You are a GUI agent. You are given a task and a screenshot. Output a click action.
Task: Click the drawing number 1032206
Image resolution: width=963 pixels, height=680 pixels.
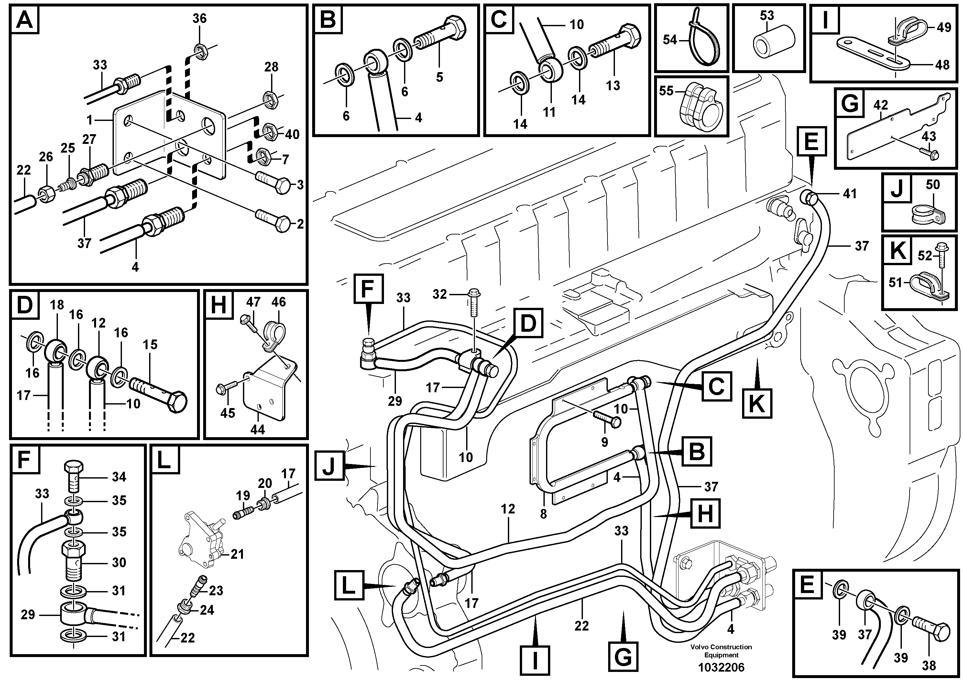tap(721, 667)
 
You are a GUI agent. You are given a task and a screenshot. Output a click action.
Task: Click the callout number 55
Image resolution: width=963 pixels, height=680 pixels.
tap(666, 91)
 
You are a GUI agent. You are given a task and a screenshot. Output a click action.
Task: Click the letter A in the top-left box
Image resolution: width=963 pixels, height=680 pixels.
tap(25, 20)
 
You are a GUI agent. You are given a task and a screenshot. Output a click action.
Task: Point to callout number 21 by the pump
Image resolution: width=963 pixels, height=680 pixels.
tap(237, 555)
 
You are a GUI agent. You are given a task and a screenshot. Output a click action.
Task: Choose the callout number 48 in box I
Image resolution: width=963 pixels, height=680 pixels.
tap(942, 65)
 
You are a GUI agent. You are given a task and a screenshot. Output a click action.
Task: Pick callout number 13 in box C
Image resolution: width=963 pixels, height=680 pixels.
tap(613, 85)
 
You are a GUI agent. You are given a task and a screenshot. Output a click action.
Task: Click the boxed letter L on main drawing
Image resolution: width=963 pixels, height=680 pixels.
tap(348, 587)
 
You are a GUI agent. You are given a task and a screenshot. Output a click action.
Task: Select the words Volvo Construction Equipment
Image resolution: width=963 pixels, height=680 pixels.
tap(721, 651)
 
